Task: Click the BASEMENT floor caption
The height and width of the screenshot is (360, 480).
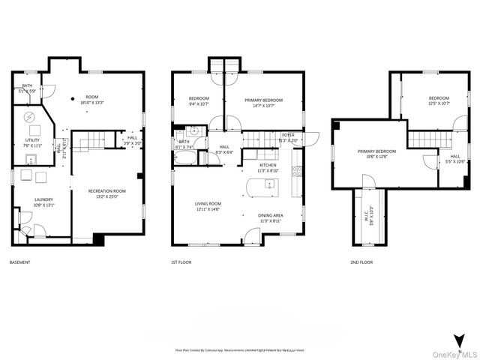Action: (x=19, y=263)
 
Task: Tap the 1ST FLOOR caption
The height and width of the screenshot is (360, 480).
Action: (x=181, y=263)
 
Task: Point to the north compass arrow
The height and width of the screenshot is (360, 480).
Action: (x=457, y=337)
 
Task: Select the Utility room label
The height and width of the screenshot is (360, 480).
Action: (x=32, y=141)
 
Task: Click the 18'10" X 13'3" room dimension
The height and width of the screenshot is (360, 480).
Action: (x=92, y=101)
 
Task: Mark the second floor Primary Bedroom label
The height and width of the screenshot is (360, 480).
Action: (x=375, y=154)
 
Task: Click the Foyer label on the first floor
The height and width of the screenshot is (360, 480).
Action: (x=288, y=136)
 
